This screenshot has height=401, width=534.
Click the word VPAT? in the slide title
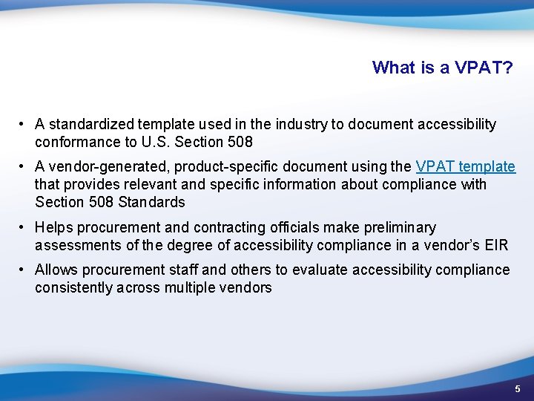pyautogui.click(x=484, y=68)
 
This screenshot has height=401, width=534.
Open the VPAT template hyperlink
pyautogui.click(x=465, y=166)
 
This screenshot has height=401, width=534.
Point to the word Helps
pyautogui.click(x=53, y=227)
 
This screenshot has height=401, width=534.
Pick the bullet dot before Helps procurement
pyautogui.click(x=24, y=227)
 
